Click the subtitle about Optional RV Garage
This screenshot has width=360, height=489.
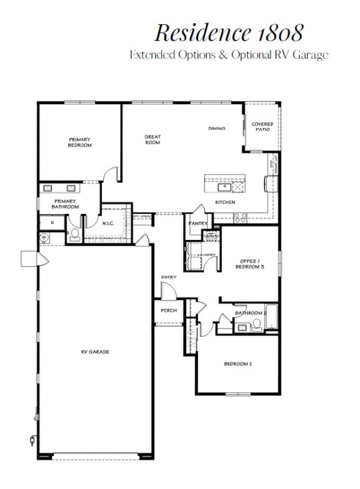[229, 55]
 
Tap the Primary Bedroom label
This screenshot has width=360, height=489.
[80, 142]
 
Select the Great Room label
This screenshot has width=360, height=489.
[152, 139]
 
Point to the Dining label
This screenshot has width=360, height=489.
[217, 129]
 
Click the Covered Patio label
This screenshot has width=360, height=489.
[262, 126]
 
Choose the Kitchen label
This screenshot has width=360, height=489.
[225, 202]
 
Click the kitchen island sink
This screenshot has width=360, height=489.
[224, 186]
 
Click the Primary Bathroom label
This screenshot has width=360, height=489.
[66, 204]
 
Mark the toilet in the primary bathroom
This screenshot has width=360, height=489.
[73, 235]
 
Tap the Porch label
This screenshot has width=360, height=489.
[168, 311]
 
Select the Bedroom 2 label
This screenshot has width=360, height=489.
[238, 364]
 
